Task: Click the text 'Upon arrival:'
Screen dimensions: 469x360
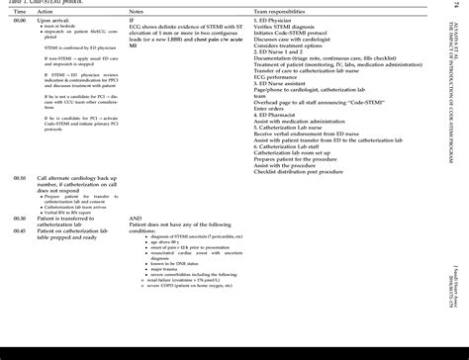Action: click(x=57, y=18)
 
